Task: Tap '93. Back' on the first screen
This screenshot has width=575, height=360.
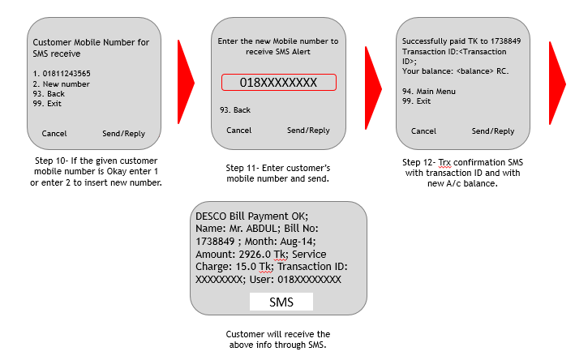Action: click(49, 94)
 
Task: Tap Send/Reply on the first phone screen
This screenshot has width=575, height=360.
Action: click(123, 133)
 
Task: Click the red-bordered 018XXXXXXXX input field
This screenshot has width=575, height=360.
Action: click(278, 83)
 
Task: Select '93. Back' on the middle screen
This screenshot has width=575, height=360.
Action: click(235, 110)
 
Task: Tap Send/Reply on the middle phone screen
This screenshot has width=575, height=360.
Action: click(308, 131)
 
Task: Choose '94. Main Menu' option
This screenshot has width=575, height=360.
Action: click(429, 92)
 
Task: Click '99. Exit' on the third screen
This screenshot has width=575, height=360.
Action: click(417, 101)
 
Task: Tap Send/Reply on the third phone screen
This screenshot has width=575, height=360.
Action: click(493, 131)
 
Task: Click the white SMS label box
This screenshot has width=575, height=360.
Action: click(280, 302)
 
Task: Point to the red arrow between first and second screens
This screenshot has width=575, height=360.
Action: click(186, 79)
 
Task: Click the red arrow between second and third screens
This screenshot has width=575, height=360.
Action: click(372, 79)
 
